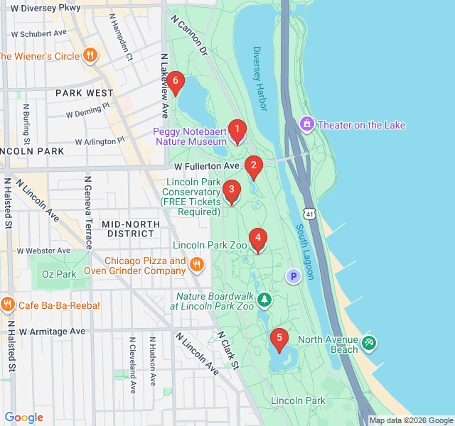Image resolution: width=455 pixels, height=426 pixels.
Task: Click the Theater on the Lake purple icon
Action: click(x=307, y=125)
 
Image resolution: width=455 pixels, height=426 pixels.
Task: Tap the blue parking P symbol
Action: click(x=293, y=275)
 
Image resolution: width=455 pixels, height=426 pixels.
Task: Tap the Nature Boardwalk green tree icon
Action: click(x=264, y=300)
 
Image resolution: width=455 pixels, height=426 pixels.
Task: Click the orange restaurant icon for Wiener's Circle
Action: click(x=90, y=55)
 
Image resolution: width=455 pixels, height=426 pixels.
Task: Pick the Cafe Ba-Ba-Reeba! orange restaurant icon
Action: click(x=8, y=305)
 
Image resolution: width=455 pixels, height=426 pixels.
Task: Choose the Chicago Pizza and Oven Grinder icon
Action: click(x=197, y=265)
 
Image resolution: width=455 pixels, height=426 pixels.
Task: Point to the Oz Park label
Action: click(x=58, y=274)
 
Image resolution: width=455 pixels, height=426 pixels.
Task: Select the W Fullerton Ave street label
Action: click(x=208, y=166)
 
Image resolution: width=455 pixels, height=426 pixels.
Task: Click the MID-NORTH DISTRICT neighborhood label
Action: click(x=134, y=229)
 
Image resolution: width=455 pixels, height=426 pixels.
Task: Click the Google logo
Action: click(x=23, y=417)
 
